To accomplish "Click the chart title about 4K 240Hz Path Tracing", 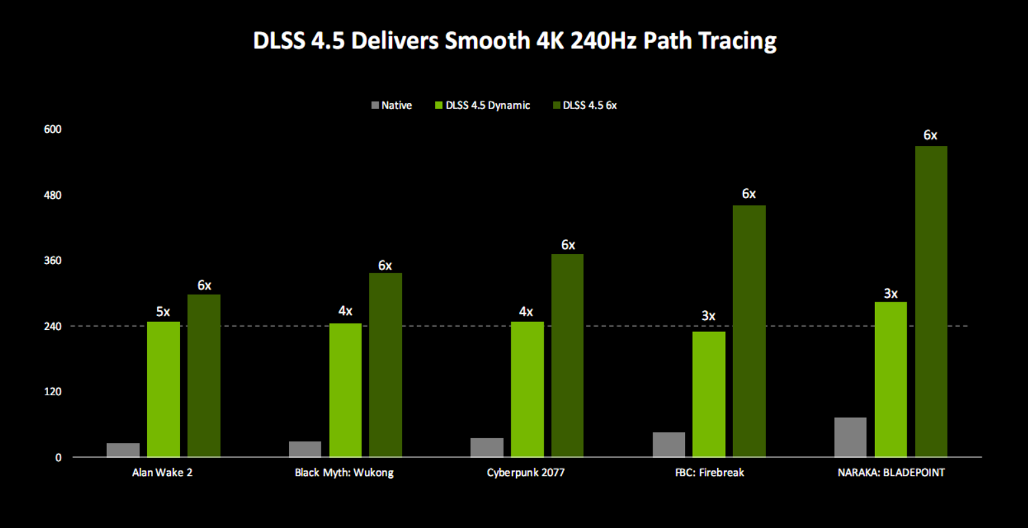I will point(515,41).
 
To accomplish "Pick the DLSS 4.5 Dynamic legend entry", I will point(482,106).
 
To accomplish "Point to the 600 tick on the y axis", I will point(53,129).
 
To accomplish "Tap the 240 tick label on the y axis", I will point(53,327).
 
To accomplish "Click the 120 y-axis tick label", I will point(53,392).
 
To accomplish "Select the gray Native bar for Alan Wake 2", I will point(123,450).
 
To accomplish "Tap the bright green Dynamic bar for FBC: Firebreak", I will point(709,394).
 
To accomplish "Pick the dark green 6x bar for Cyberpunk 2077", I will point(567,356).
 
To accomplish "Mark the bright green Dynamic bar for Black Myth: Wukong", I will point(345,390).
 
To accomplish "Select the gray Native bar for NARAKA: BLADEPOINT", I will point(851,437).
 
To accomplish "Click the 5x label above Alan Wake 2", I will point(163,312).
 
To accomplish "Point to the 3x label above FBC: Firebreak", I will point(709,316).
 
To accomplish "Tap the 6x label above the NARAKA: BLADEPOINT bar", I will point(930,135).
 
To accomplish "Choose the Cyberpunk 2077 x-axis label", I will point(526,473).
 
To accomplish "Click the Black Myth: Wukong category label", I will point(344,473).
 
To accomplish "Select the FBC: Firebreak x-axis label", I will point(709,473).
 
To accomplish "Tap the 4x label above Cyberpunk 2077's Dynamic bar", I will point(526,312).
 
